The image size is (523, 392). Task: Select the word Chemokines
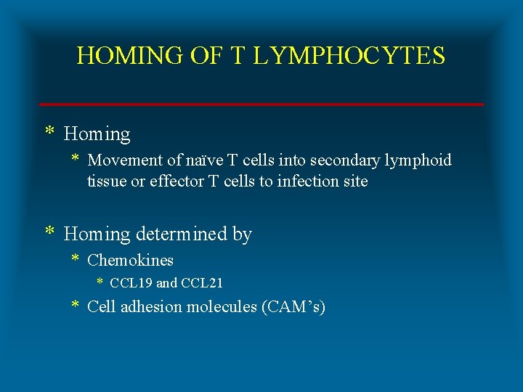[x=130, y=260]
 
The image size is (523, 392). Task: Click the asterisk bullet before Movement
[x=75, y=159]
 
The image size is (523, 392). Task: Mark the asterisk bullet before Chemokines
[x=75, y=259]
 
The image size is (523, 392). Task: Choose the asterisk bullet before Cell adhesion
[x=75, y=306]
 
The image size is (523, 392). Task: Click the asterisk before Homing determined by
[x=49, y=232]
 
